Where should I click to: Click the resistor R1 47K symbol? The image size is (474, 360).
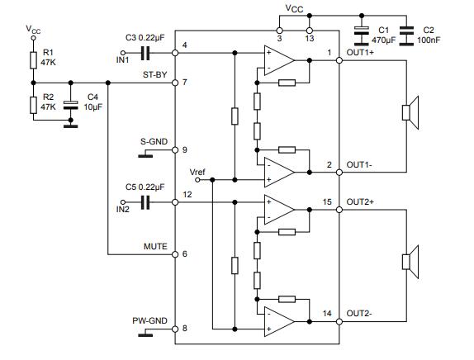(33, 59)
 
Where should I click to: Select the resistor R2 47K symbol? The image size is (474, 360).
(33, 103)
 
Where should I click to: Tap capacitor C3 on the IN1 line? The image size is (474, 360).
(145, 53)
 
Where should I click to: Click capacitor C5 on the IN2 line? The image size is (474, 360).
(145, 201)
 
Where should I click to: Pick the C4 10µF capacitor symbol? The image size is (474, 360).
(70, 104)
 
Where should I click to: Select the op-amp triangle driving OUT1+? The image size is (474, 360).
(279, 60)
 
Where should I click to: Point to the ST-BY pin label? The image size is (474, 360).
(154, 75)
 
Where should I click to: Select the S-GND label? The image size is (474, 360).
(154, 142)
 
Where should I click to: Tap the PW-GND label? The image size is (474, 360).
(150, 320)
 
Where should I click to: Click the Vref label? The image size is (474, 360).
(198, 172)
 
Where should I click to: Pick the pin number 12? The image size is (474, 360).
(187, 194)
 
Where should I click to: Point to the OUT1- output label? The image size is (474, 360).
(362, 165)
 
